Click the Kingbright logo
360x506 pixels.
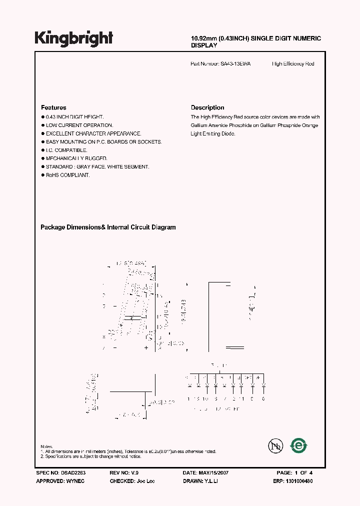[73, 38]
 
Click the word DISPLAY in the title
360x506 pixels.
[204, 45]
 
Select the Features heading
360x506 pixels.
[53, 107]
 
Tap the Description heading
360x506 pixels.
[207, 107]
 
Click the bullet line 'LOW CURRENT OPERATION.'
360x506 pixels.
[79, 125]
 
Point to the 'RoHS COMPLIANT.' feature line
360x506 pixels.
[67, 175]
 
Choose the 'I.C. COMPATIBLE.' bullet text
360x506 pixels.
[66, 150]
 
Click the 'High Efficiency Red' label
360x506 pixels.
[293, 64]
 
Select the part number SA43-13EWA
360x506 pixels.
[235, 64]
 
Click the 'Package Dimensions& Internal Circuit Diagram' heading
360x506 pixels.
[108, 227]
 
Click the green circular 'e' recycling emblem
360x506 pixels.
[299, 444]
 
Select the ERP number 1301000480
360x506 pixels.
[299, 480]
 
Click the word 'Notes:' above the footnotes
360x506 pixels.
[47, 446]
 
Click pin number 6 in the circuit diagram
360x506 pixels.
[263, 398]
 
